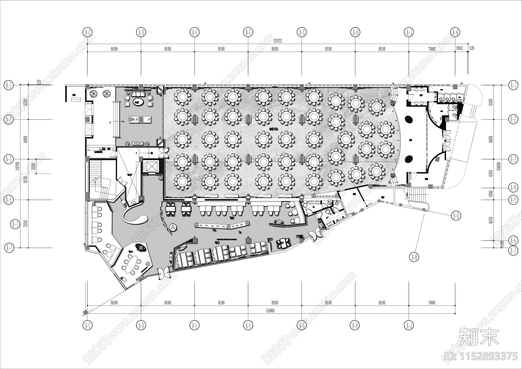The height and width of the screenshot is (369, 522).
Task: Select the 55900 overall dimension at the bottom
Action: click(270, 311)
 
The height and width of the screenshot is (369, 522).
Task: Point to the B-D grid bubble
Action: click(456, 216)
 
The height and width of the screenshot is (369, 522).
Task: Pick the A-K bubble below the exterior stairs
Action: click(414, 257)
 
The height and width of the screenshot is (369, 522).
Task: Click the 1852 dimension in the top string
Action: click(459, 49)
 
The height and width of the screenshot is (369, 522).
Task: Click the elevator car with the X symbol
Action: click(150, 166)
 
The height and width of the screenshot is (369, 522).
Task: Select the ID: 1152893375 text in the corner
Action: click(481, 356)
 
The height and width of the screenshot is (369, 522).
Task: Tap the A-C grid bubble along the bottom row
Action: click(87, 325)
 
